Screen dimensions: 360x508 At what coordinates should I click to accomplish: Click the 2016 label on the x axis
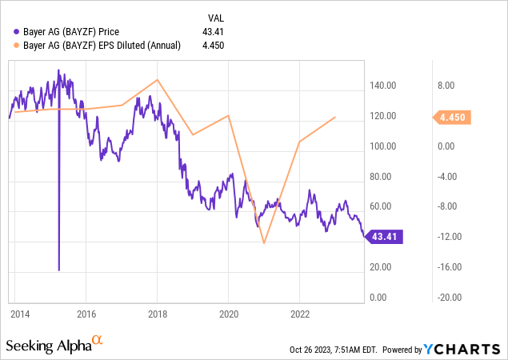coord(86,313)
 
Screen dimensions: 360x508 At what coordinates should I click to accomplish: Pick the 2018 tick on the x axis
coord(158,313)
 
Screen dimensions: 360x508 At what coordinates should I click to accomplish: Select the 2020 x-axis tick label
coord(229,313)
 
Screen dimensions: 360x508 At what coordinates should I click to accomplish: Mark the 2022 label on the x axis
coord(299,313)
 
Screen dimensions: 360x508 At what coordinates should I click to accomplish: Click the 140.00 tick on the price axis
coord(384,86)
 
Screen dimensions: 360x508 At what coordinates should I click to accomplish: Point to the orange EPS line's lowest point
coord(264,243)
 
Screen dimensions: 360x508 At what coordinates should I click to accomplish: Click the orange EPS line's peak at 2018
coord(158,79)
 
